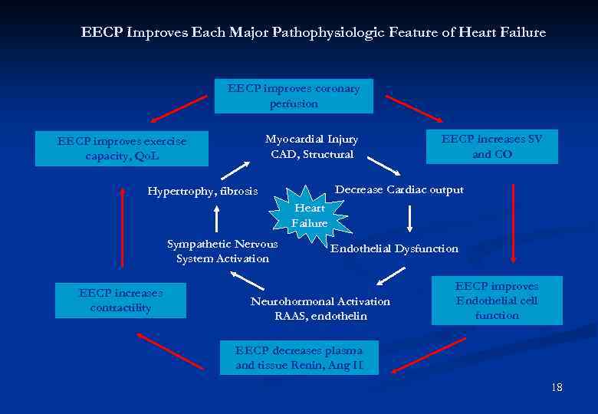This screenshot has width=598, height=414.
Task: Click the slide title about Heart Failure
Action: (313, 33)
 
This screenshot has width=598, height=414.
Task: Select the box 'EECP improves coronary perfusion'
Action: (294, 96)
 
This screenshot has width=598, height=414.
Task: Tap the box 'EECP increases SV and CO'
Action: (491, 146)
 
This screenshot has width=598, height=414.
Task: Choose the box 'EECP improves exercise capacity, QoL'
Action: (122, 149)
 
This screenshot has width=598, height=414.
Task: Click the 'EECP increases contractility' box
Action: (120, 301)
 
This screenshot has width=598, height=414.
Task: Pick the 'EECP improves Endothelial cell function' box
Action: (497, 301)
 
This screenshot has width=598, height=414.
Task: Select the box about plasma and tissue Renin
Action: (299, 358)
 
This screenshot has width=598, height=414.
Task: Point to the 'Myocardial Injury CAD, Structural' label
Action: (311, 146)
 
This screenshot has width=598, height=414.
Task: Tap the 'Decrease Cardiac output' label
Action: (399, 190)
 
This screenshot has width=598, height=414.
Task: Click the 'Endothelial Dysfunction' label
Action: (394, 248)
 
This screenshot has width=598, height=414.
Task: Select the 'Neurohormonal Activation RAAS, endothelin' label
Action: (320, 309)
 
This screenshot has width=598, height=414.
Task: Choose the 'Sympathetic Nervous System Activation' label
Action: (222, 251)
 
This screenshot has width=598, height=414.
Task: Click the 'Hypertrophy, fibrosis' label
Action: (202, 191)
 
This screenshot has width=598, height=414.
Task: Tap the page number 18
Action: (557, 388)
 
